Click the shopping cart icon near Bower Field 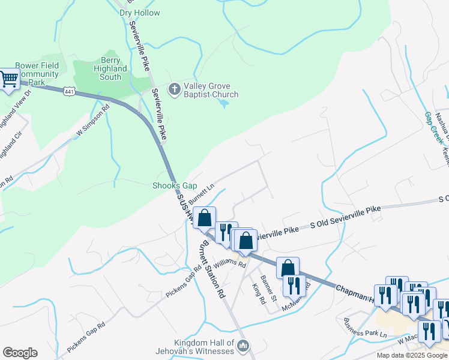[x=9, y=79]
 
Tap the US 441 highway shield [x=70, y=91]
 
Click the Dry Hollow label [x=140, y=13]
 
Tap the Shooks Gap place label [x=174, y=186]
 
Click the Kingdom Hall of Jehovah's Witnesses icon [x=243, y=346]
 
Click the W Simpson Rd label [x=94, y=120]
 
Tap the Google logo [x=20, y=353]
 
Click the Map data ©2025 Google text [x=411, y=355]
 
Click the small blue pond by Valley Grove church [x=224, y=104]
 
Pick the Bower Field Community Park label [x=37, y=74]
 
